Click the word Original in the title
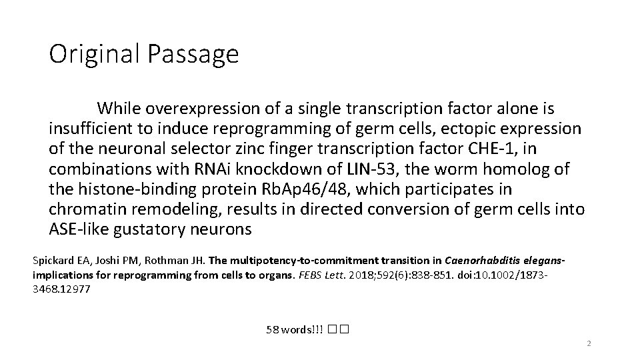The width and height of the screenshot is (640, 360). click(93, 53)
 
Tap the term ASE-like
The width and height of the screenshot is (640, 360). click(81, 230)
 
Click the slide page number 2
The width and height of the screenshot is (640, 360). click(589, 344)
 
